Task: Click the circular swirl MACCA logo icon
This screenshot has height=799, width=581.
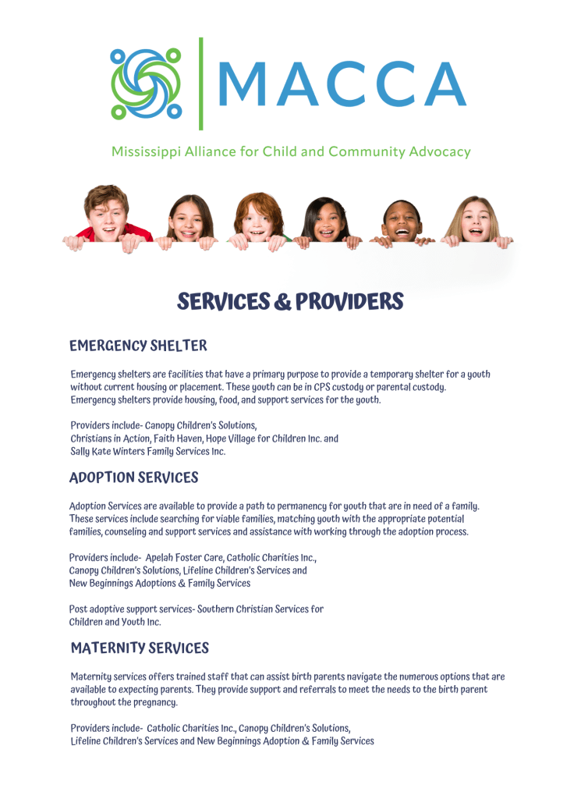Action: (x=146, y=83)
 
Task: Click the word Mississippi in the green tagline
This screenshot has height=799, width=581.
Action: (x=146, y=151)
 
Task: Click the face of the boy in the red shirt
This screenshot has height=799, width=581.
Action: (x=108, y=209)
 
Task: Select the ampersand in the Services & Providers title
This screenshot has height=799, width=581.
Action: (x=282, y=302)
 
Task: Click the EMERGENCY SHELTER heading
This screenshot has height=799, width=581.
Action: (x=138, y=346)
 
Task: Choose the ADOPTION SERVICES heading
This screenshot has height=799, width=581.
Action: (x=134, y=478)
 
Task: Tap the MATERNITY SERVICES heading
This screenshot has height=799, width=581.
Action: (x=140, y=648)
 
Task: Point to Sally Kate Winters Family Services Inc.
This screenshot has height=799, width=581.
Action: (x=148, y=452)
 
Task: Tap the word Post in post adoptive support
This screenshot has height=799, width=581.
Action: (x=79, y=609)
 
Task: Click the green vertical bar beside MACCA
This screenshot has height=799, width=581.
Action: (x=201, y=83)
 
